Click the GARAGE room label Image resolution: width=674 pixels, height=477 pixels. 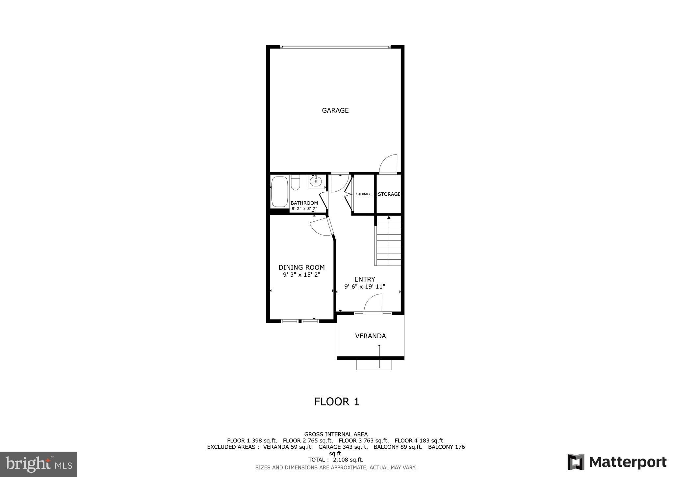335,111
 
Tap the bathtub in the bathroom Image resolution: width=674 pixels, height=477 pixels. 279,192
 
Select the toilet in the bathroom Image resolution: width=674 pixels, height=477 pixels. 295,183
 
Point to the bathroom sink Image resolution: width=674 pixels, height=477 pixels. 316,181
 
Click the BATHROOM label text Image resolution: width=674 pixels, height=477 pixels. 304,203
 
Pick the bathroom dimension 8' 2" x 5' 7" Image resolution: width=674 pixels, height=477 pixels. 304,209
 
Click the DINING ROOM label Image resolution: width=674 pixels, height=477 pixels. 301,267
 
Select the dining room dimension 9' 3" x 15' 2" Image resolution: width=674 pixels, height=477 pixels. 301,274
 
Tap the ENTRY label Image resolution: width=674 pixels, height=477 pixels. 365,279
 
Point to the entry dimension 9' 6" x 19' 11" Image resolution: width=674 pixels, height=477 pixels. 365,287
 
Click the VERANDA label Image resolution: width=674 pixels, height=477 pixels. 370,336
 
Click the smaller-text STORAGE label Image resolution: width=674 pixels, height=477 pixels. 364,194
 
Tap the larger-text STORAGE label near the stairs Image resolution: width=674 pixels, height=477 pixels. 389,194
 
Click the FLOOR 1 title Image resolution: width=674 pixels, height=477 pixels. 336,402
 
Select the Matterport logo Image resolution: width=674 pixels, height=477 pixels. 617,462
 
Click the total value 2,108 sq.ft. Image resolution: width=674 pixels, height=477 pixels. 348,460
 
